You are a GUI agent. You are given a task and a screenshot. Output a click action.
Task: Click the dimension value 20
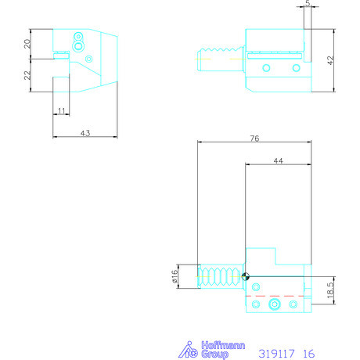(x=27, y=43)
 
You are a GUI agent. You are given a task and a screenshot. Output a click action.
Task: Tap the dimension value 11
(x=62, y=112)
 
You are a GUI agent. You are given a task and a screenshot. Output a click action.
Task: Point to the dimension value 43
(x=85, y=134)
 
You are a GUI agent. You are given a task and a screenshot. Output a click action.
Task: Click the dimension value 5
(x=308, y=5)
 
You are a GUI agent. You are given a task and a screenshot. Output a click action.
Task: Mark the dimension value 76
(x=255, y=139)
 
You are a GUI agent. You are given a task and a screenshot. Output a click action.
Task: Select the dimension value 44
(x=276, y=160)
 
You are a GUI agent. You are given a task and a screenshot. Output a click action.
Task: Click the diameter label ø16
(x=175, y=275)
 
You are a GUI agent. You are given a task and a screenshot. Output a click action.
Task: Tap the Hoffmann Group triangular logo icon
(x=187, y=349)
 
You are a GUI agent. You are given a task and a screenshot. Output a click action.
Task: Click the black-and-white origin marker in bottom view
(x=246, y=275)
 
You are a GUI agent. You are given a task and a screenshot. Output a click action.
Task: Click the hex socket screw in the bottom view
(x=274, y=304)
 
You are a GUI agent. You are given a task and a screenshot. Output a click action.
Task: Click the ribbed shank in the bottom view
(x=221, y=276)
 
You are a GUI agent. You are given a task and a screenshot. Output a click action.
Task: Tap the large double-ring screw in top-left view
(x=77, y=46)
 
